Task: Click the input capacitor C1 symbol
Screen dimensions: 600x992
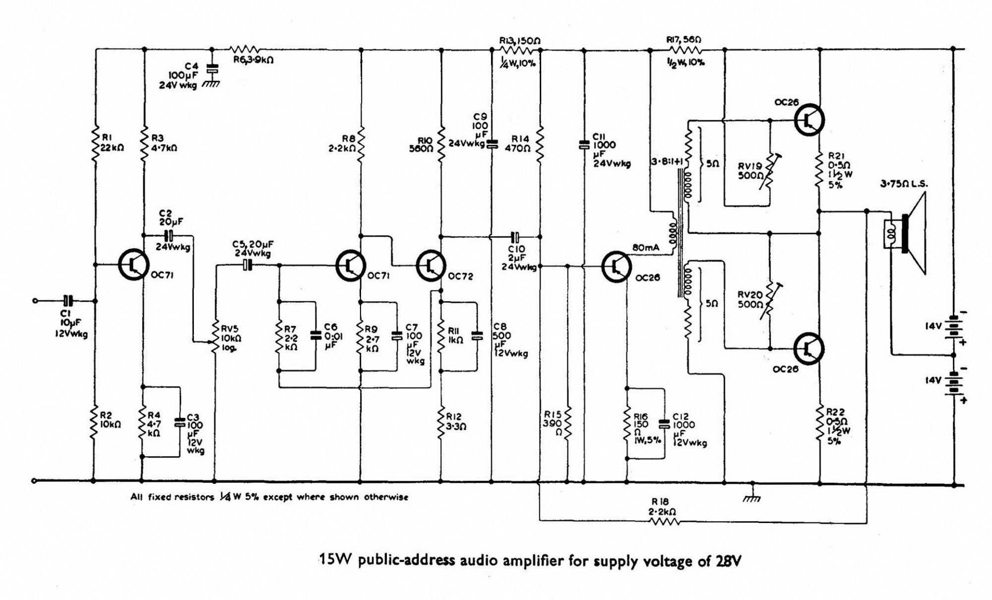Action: (x=68, y=300)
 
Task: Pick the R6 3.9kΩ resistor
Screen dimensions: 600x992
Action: (x=245, y=49)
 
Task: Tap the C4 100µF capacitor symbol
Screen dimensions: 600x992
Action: (x=212, y=68)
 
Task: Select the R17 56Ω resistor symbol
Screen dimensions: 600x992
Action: (x=686, y=50)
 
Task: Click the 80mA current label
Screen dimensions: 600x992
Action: (x=645, y=248)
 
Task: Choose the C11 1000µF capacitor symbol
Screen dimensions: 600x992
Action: (x=584, y=144)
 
